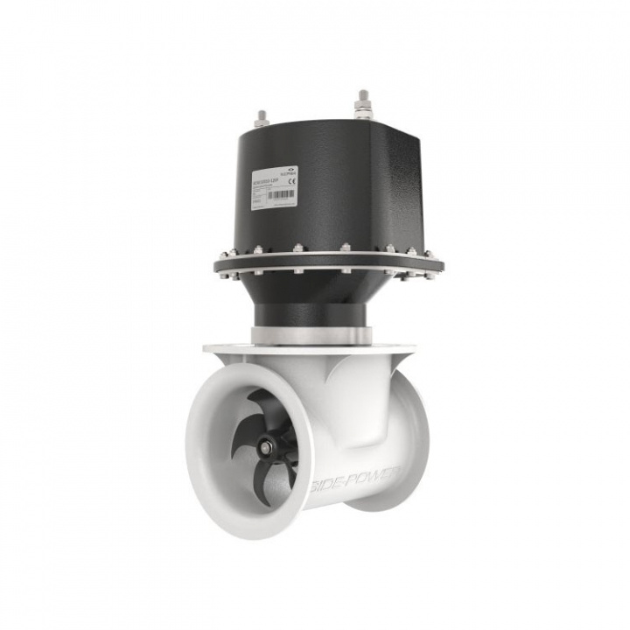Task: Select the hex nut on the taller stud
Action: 362,110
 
